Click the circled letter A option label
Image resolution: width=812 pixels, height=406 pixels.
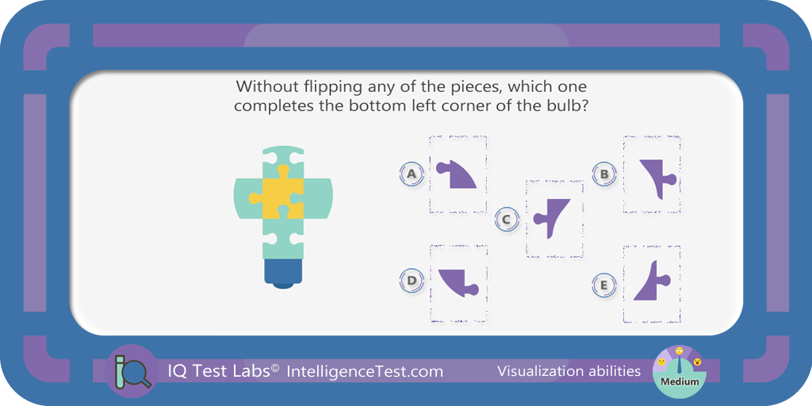412,174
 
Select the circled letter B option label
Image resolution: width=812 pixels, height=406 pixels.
603,174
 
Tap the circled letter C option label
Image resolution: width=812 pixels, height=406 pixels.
507,219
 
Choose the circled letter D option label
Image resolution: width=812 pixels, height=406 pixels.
412,281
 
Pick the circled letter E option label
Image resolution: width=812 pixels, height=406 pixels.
603,285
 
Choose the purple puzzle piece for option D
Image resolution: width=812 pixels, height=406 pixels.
458,284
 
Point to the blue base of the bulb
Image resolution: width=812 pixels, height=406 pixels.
283,273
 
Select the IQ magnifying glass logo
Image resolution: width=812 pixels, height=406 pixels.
132,370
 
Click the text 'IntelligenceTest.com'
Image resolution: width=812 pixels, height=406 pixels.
365,371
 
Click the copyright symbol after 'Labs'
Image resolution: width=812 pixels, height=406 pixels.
274,367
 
